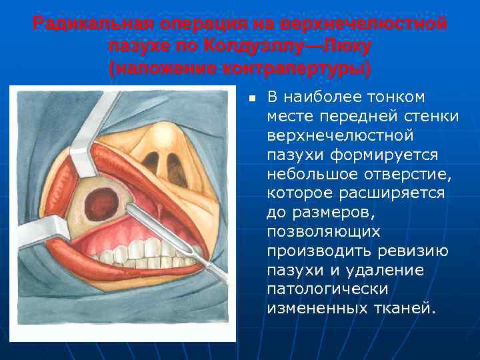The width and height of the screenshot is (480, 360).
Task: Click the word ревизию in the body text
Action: tap(413, 251)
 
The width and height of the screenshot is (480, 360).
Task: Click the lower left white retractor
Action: tap(40, 233)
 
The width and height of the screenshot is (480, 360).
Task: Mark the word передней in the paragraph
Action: tap(349, 116)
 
